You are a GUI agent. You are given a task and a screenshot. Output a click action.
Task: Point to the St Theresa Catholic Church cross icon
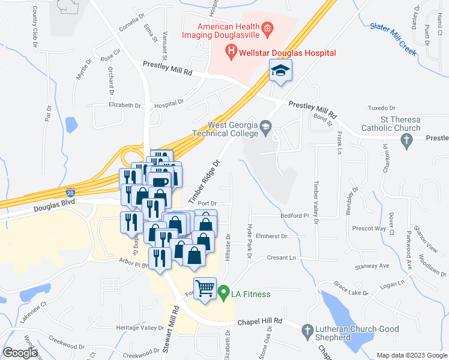pos(406,142)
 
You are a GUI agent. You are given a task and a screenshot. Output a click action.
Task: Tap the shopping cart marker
pos(205,289)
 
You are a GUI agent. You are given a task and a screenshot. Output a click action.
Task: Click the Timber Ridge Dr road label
pos(205,181)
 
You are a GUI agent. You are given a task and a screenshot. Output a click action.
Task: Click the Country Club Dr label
pos(35,26)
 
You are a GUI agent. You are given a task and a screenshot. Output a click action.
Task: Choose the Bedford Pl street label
pos(294,215)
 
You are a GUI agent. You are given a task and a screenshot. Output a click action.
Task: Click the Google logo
pos(20,353)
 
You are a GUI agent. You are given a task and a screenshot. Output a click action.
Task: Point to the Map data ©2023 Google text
pos(411,355)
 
